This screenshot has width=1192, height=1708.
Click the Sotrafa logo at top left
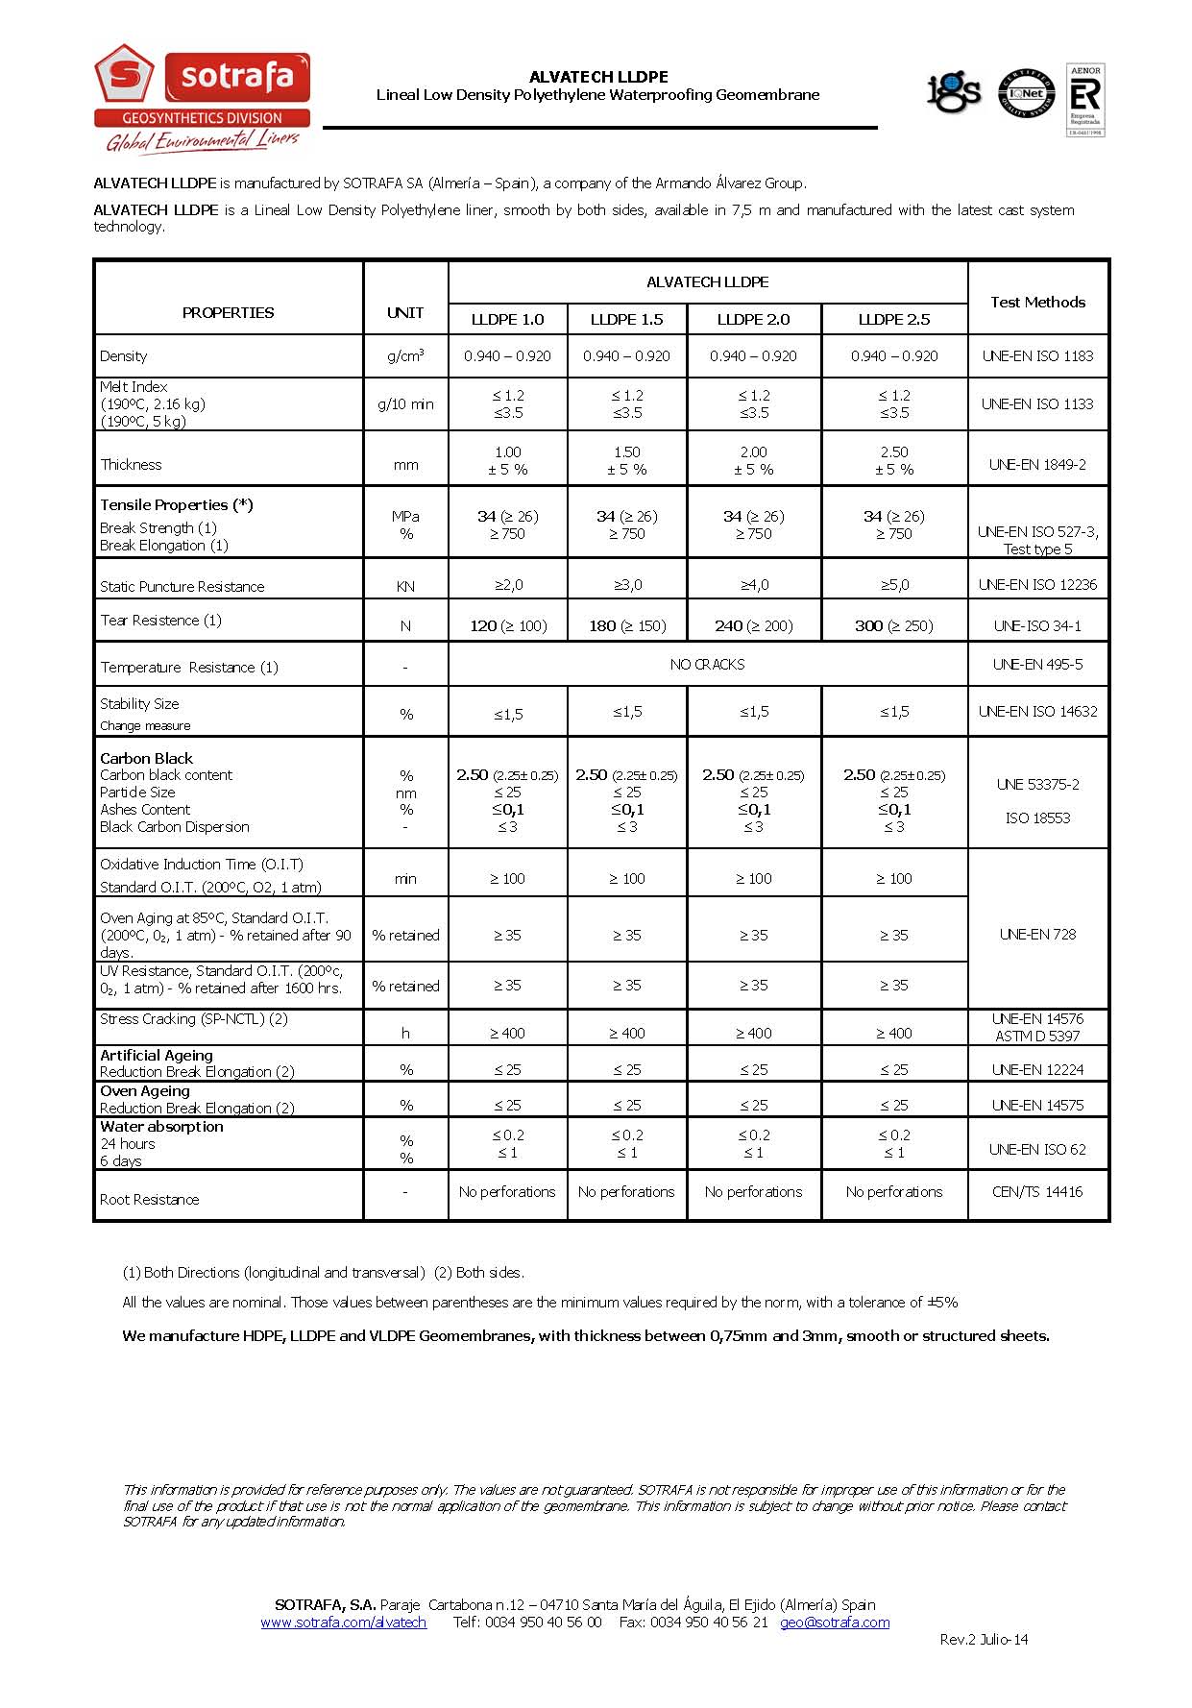click(202, 96)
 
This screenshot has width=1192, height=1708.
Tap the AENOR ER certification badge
click(1084, 99)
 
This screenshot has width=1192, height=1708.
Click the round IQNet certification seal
click(1026, 94)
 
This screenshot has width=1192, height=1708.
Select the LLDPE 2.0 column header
click(754, 319)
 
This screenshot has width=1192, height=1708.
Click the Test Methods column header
click(1037, 302)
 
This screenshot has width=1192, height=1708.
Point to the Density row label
click(124, 356)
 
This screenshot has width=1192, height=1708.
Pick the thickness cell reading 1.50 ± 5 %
click(626, 460)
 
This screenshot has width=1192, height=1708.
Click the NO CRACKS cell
click(707, 664)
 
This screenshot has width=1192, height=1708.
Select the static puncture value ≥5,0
click(893, 584)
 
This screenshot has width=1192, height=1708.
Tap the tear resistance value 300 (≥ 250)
click(893, 625)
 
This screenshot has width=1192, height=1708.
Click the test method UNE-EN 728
click(1037, 934)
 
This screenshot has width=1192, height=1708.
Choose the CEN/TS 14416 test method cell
click(1037, 1191)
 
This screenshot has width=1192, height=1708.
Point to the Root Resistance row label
click(150, 1199)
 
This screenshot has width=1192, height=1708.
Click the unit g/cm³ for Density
click(405, 356)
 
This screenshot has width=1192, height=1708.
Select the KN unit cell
click(405, 586)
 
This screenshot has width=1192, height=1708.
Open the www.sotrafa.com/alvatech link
click(343, 1622)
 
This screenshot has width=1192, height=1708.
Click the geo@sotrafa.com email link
click(835, 1622)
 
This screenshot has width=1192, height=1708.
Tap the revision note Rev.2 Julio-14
click(984, 1639)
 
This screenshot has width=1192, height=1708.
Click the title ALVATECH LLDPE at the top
click(598, 77)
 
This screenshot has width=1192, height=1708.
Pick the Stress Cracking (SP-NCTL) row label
click(194, 1018)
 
